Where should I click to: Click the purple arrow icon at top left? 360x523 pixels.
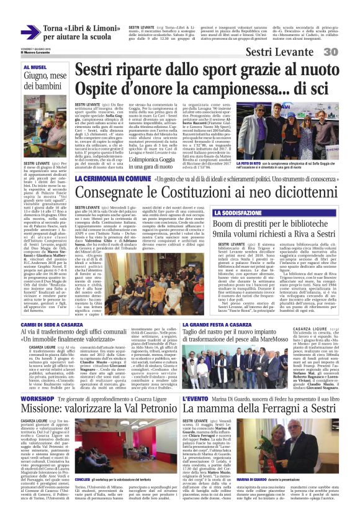(x=31, y=32)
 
